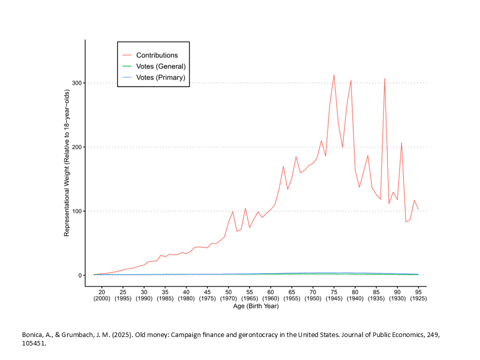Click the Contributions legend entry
[157, 55]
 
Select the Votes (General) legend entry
[160, 66]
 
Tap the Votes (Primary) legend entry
[160, 77]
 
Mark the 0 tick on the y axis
[78, 275]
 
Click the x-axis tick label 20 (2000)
[101, 294]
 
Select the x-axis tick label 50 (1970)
[228, 294]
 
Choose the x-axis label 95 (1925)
[418, 294]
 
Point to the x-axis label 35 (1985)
[165, 294]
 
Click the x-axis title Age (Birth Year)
[255, 306]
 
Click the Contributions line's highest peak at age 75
[334, 75]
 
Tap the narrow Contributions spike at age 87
[384, 79]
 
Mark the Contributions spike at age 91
[401, 143]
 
